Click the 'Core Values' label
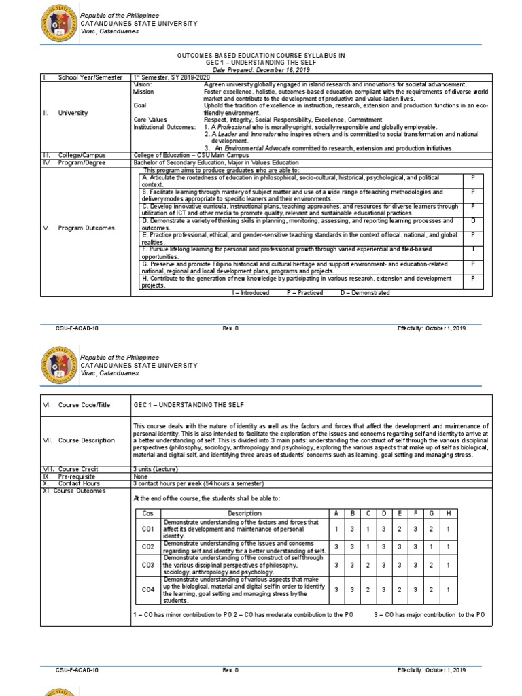tap(150, 119)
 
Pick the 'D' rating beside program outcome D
tap(472, 221)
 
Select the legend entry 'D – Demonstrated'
tap(366, 292)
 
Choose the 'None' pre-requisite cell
tap(141, 477)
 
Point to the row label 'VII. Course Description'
tap(78, 440)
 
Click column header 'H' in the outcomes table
tap(448, 512)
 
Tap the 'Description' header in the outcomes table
tap(244, 512)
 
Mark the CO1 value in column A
tap(336, 528)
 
